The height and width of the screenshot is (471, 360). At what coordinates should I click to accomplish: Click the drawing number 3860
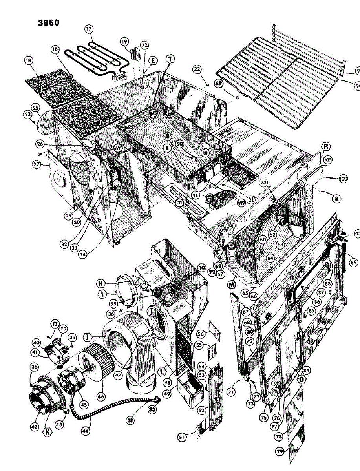coord(49,22)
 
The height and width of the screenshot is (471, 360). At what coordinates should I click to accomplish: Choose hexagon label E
coord(153,60)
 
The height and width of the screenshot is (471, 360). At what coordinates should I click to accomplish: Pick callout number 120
coord(343,179)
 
